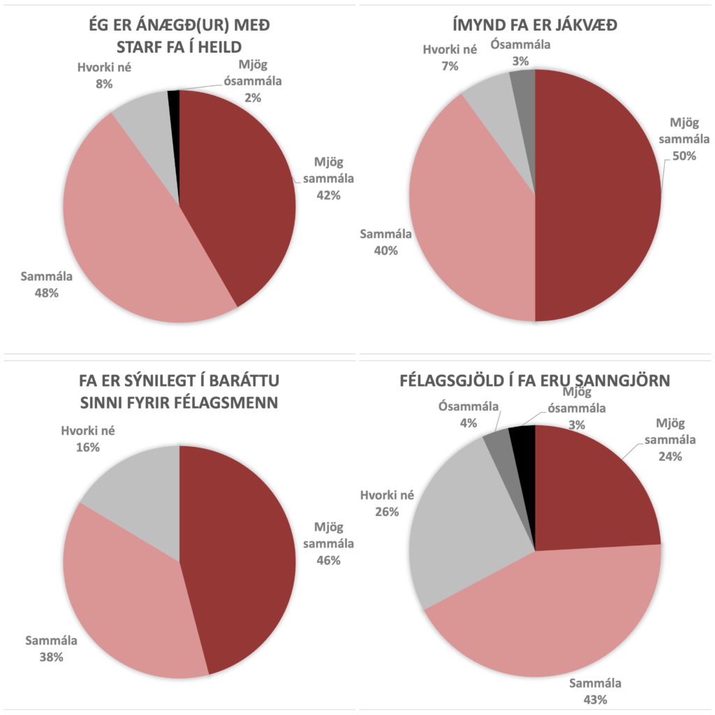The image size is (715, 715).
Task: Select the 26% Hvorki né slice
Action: click(468, 531)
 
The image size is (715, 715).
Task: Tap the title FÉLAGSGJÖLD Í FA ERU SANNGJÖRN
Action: click(535, 381)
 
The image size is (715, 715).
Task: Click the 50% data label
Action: click(684, 156)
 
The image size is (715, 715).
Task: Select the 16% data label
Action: click(87, 447)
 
